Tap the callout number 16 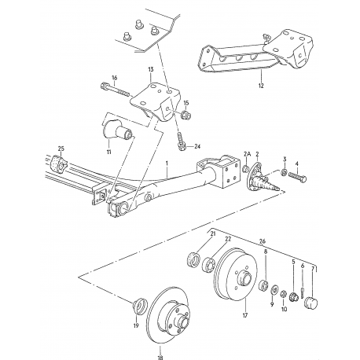[114, 77]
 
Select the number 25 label [62, 148]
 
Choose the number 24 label [197, 145]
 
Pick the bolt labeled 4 [303, 177]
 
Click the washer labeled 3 [285, 173]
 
